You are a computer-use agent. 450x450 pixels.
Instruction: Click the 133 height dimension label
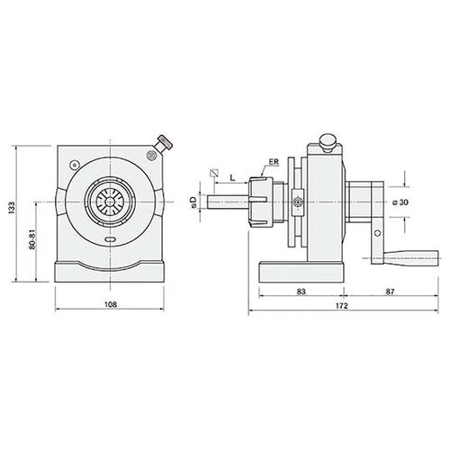12,208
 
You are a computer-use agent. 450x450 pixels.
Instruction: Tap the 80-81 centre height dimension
32,239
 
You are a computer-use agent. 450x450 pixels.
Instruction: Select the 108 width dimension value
111,304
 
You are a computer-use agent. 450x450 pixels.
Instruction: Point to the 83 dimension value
301,292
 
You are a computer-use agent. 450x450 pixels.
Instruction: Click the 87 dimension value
390,292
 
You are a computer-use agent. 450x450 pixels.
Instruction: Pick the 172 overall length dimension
342,306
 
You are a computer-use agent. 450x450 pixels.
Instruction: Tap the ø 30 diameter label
400,202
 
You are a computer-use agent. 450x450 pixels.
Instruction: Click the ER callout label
274,162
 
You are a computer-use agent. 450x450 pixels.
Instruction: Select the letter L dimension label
232,177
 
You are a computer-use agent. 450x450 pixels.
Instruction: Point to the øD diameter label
193,202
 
